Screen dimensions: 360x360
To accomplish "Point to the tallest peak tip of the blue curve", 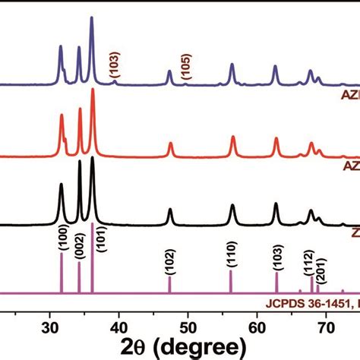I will (92, 17).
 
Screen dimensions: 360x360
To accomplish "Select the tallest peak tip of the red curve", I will (93, 90).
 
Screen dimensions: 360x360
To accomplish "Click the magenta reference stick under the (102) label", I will (169, 285).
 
